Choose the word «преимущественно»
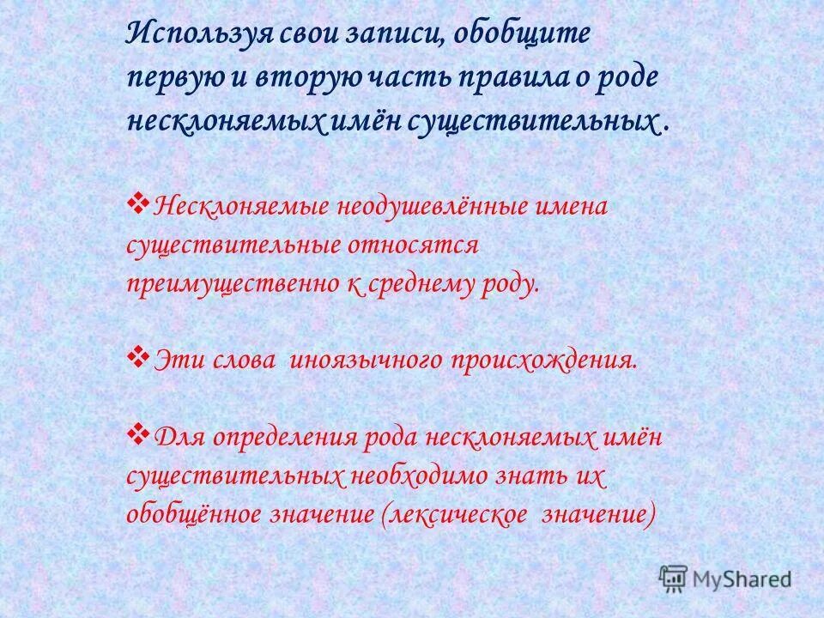point(231,284)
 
